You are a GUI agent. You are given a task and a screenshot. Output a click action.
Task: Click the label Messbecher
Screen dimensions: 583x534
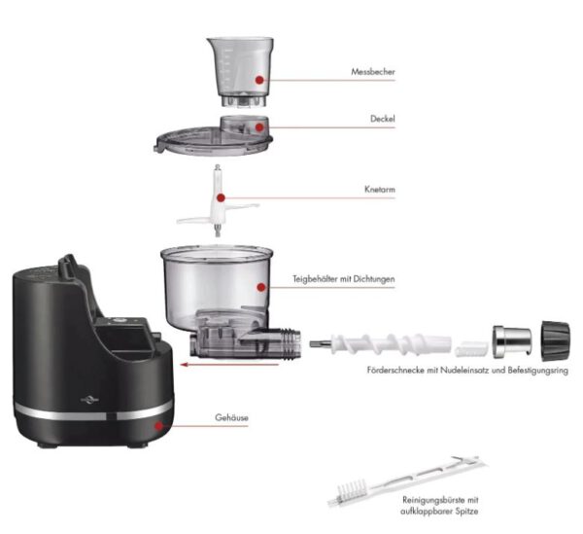pos(373,72)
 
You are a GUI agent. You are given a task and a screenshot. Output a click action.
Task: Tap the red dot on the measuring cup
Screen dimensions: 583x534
pos(259,80)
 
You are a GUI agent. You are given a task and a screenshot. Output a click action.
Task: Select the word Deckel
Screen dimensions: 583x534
pos(383,119)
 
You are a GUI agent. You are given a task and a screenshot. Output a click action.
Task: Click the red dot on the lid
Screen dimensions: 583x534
pos(259,127)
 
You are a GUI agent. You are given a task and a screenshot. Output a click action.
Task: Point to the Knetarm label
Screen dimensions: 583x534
pos(380,190)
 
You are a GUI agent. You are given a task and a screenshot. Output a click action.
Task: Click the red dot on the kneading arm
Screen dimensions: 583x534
pos(221,197)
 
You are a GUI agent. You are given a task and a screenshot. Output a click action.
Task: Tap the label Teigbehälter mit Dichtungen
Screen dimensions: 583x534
pos(344,279)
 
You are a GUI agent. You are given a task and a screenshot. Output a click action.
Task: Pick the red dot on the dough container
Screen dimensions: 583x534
pos(261,287)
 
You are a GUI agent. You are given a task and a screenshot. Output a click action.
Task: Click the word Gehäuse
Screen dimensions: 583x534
pos(231,417)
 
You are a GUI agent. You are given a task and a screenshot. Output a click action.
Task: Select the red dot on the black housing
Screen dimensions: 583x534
pos(159,426)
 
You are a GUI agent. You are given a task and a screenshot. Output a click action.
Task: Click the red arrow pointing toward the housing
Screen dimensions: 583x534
pos(229,365)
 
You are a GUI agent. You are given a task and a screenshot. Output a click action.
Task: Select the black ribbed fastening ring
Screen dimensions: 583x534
pos(556,340)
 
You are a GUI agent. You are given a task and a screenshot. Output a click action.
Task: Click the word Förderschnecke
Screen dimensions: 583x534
pos(395,371)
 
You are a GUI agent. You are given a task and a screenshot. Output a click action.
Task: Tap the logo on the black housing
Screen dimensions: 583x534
pos(90,400)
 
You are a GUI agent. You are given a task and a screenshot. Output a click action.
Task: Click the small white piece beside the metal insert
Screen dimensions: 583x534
pos(471,348)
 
